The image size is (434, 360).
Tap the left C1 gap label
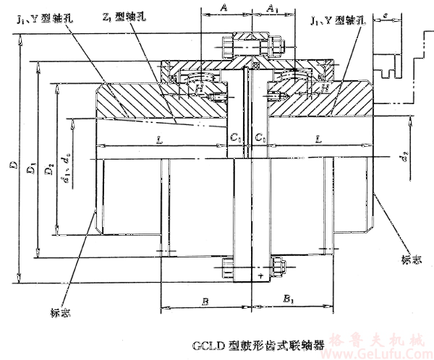coord(234,137)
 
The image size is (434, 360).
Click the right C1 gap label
coord(262,137)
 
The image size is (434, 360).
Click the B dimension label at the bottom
coord(206,299)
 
